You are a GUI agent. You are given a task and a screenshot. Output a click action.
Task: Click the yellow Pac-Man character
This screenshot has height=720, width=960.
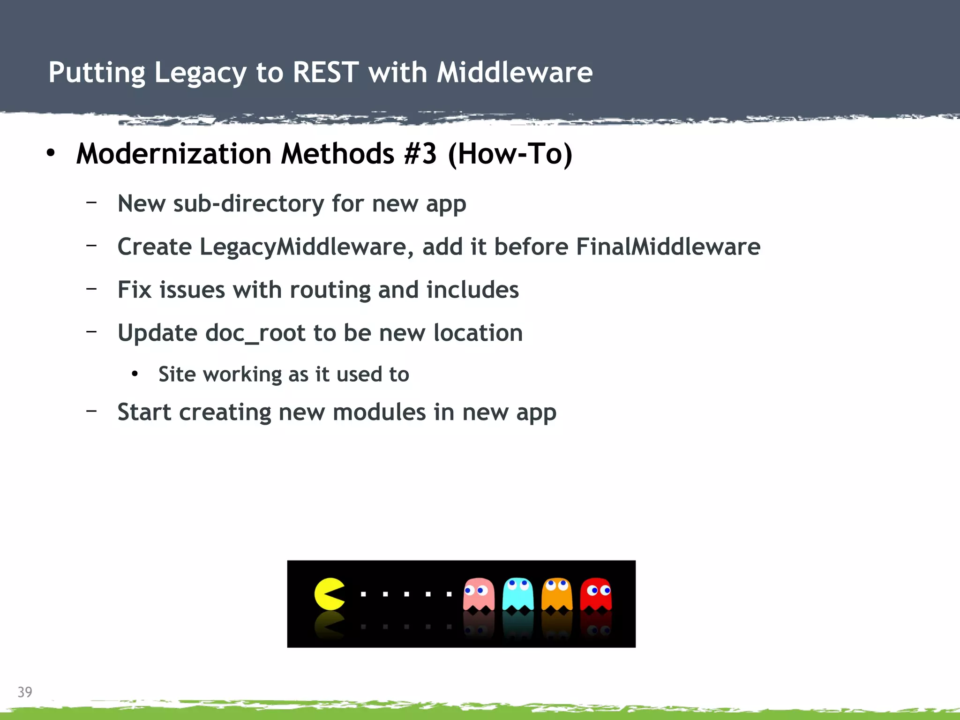tap(329, 594)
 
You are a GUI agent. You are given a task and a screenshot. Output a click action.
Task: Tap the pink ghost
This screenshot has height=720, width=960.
tap(479, 594)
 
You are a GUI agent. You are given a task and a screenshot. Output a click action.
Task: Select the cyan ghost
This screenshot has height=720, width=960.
tap(517, 594)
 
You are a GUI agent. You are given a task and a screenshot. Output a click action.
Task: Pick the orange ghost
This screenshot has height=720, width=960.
tap(557, 594)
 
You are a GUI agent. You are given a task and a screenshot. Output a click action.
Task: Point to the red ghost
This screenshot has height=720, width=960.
tap(596, 594)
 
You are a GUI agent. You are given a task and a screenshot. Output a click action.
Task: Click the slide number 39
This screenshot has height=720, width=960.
tap(25, 692)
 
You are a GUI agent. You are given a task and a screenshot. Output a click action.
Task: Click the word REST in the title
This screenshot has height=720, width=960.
tap(326, 73)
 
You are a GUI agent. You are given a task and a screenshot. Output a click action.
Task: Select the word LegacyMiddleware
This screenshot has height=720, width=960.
tap(303, 247)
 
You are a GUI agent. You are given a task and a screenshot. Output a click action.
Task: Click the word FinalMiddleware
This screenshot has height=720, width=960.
tap(668, 247)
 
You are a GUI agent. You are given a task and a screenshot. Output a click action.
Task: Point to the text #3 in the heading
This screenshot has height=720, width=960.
tap(420, 154)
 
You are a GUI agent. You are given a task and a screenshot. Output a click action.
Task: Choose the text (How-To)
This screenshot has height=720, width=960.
tap(510, 154)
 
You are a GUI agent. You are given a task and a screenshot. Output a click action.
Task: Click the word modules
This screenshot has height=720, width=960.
tap(379, 412)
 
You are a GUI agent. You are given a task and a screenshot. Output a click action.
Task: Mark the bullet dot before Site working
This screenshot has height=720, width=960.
tap(135, 374)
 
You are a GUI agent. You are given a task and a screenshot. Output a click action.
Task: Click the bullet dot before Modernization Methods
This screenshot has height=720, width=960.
tap(51, 153)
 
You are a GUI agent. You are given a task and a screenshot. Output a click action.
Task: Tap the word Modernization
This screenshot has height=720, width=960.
tap(174, 154)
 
